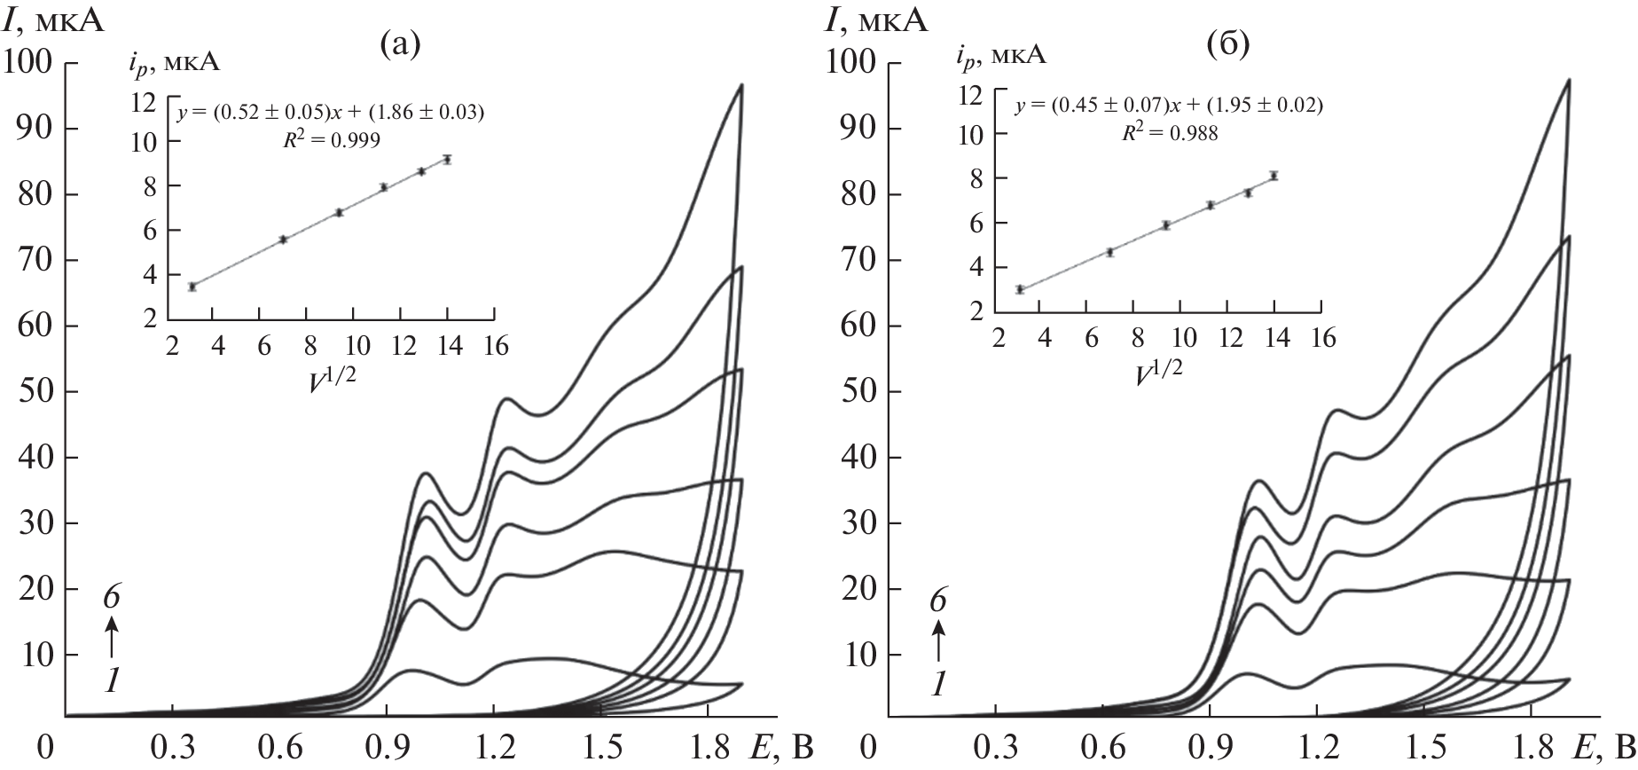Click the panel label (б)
(1228, 43)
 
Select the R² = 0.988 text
(1170, 132)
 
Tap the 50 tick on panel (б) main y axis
(859, 391)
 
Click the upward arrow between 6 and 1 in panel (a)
(111, 638)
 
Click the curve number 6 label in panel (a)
(111, 598)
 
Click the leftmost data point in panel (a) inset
(192, 287)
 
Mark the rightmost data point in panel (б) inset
(1274, 176)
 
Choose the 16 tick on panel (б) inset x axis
(1322, 339)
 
